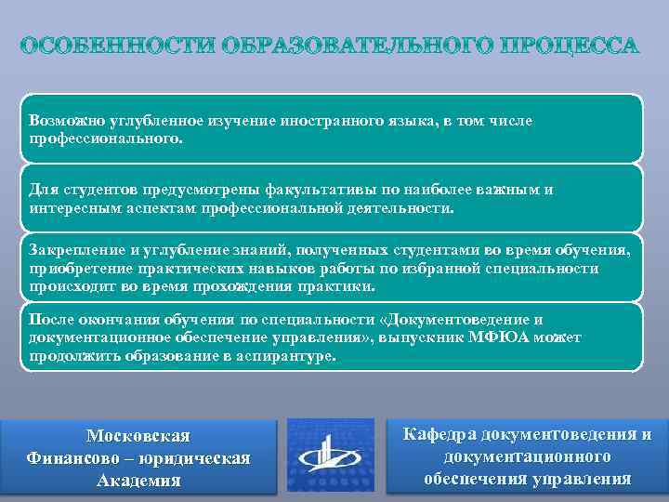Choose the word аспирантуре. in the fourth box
291,355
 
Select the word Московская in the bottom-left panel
138,436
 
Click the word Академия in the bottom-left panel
138,481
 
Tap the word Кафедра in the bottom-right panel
441,434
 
